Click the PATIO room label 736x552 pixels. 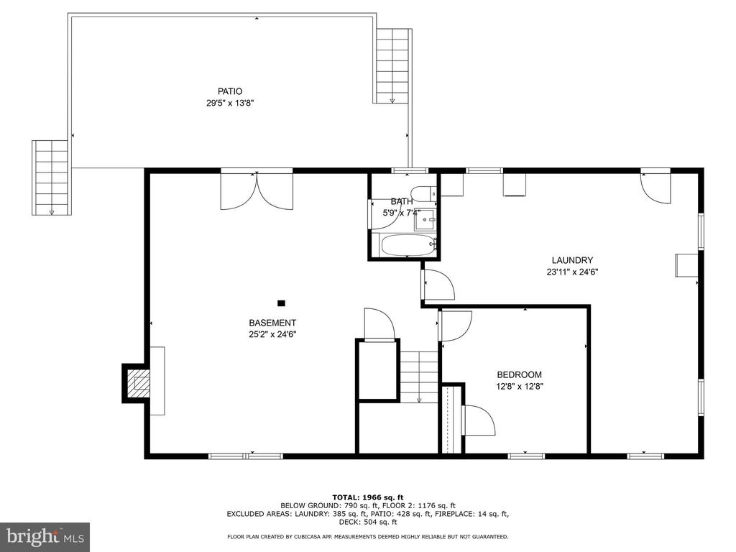[230, 91]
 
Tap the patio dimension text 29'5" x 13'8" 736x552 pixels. [230, 103]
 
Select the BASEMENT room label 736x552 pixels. [272, 323]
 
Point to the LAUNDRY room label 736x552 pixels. [572, 260]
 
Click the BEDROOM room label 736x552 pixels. [519, 374]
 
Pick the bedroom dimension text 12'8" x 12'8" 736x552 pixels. [520, 387]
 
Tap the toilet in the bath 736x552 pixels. [423, 193]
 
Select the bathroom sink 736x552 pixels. [425, 219]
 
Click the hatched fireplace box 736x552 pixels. [139, 383]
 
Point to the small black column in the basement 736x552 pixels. [281, 303]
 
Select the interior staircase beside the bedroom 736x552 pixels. [419, 377]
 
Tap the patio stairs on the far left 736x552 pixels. [51, 178]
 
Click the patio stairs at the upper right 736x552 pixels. [393, 65]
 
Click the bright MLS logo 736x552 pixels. [45, 536]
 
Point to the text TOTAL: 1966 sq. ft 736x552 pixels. [367, 497]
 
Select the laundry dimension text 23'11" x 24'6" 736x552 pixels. [572, 272]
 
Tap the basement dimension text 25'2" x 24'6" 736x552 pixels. [272, 335]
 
